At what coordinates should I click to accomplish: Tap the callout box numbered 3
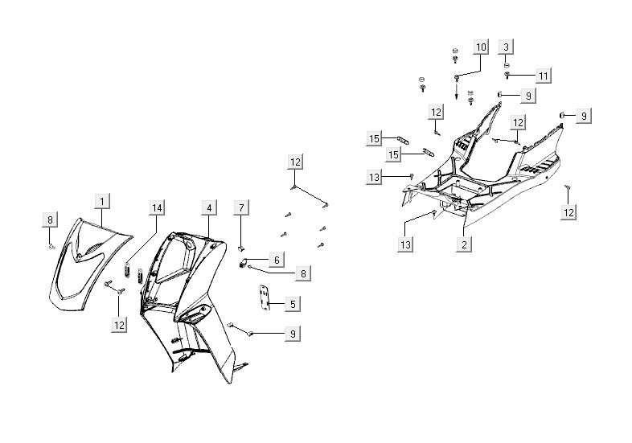pyautogui.click(x=506, y=47)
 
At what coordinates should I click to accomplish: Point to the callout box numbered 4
pyautogui.click(x=208, y=208)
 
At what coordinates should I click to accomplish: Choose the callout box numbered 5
pyautogui.click(x=293, y=304)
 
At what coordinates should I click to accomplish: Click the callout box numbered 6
pyautogui.click(x=276, y=260)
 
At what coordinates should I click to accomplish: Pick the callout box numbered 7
pyautogui.click(x=240, y=208)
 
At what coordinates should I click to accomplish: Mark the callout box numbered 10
pyautogui.click(x=480, y=47)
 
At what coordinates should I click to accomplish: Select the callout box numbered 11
pyautogui.click(x=544, y=76)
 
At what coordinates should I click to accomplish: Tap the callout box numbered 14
pyautogui.click(x=156, y=208)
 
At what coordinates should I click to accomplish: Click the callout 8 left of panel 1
pyautogui.click(x=50, y=219)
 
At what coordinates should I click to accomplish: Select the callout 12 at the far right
pyautogui.click(x=569, y=212)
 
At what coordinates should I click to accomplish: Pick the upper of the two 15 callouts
pyautogui.click(x=374, y=139)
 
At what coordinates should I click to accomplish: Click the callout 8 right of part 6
pyautogui.click(x=302, y=273)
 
